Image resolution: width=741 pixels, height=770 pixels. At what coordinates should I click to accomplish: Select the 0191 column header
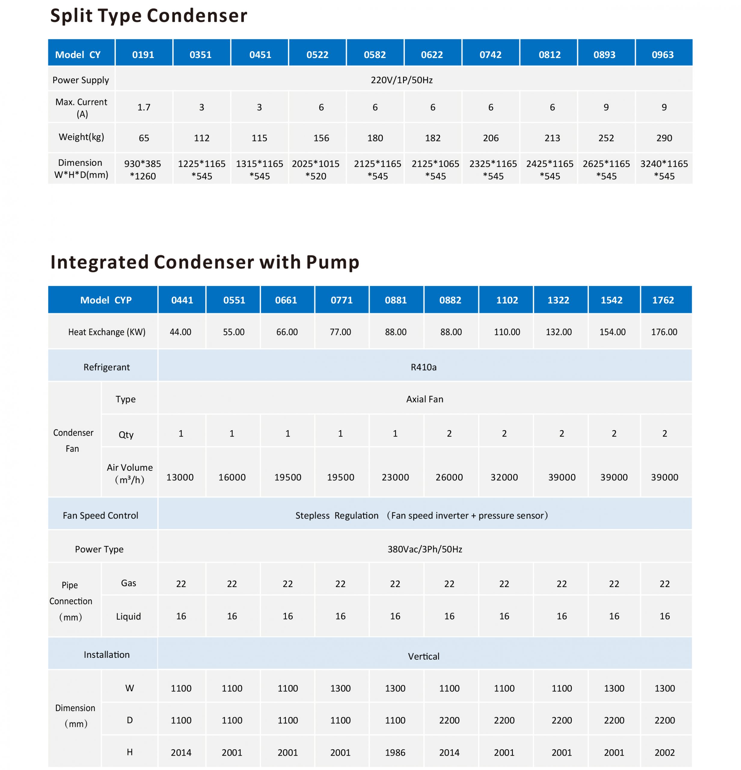pyautogui.click(x=143, y=55)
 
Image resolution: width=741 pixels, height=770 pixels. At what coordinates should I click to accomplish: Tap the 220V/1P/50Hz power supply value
pyautogui.click(x=401, y=80)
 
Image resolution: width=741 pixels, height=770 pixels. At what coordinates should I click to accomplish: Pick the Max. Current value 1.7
pyautogui.click(x=144, y=107)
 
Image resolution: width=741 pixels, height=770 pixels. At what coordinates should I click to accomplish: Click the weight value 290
pyautogui.click(x=664, y=138)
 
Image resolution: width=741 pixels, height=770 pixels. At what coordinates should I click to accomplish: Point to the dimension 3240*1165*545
pyautogui.click(x=664, y=170)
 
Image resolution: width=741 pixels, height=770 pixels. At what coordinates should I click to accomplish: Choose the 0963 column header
pyautogui.click(x=663, y=55)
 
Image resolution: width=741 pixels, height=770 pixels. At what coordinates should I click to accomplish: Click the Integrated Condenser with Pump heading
pyautogui.click(x=205, y=262)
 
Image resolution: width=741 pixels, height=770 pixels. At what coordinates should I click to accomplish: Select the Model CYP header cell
pyautogui.click(x=106, y=300)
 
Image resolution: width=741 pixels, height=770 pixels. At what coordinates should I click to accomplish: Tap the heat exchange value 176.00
pyautogui.click(x=664, y=332)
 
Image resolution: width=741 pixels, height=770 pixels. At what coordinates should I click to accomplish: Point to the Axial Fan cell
pyautogui.click(x=424, y=399)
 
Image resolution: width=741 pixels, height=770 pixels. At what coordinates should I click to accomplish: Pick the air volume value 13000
pyautogui.click(x=180, y=477)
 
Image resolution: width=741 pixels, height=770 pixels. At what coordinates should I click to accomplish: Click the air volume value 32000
pyautogui.click(x=504, y=477)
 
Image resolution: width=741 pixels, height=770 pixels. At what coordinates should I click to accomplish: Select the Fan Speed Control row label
pyautogui.click(x=100, y=516)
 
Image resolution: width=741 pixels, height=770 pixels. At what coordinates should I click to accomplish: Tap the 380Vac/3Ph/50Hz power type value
pyautogui.click(x=424, y=549)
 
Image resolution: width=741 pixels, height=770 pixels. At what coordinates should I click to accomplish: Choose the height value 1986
pyautogui.click(x=395, y=753)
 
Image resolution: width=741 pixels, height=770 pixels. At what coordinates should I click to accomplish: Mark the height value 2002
pyautogui.click(x=664, y=753)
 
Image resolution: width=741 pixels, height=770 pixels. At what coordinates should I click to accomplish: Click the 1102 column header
pyautogui.click(x=507, y=300)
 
